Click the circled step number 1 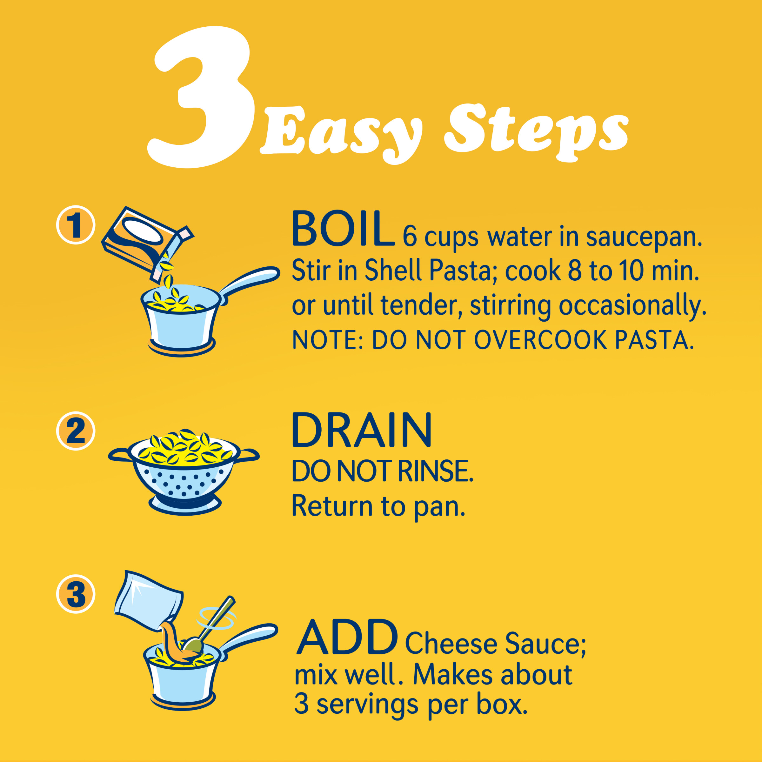[x=76, y=225]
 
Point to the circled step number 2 [x=76, y=431]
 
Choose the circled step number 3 [x=76, y=594]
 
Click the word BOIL [x=343, y=229]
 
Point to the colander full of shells [x=184, y=471]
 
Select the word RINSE [x=435, y=471]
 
